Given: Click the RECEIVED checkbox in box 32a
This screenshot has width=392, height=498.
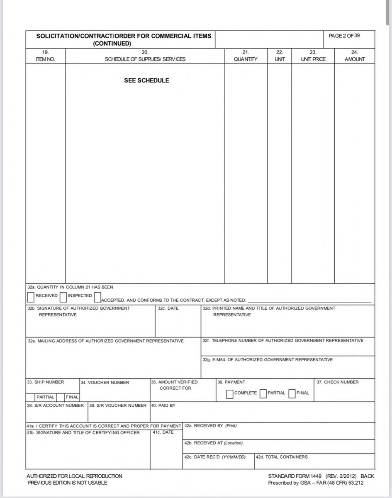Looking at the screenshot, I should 31,297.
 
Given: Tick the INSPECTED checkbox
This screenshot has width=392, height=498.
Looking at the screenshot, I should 63,297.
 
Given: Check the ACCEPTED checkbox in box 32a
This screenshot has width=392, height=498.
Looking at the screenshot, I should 98,297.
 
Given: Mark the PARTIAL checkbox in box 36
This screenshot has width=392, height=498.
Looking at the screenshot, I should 263,393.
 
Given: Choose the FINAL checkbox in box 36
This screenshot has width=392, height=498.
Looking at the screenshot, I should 292,393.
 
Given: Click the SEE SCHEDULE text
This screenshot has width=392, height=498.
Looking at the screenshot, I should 146,81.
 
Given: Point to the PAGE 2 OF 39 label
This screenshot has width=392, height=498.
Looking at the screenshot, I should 344,36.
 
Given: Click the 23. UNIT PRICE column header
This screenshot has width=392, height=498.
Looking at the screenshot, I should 313,56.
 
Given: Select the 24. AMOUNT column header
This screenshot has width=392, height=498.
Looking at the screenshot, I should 355,56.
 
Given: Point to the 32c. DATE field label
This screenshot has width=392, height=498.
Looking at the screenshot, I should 168,308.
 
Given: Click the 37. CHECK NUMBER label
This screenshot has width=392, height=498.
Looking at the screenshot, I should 338,382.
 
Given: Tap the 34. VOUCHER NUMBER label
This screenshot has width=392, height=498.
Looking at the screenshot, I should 105,383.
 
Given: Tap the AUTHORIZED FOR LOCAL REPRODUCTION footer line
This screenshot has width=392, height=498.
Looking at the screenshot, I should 74,476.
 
